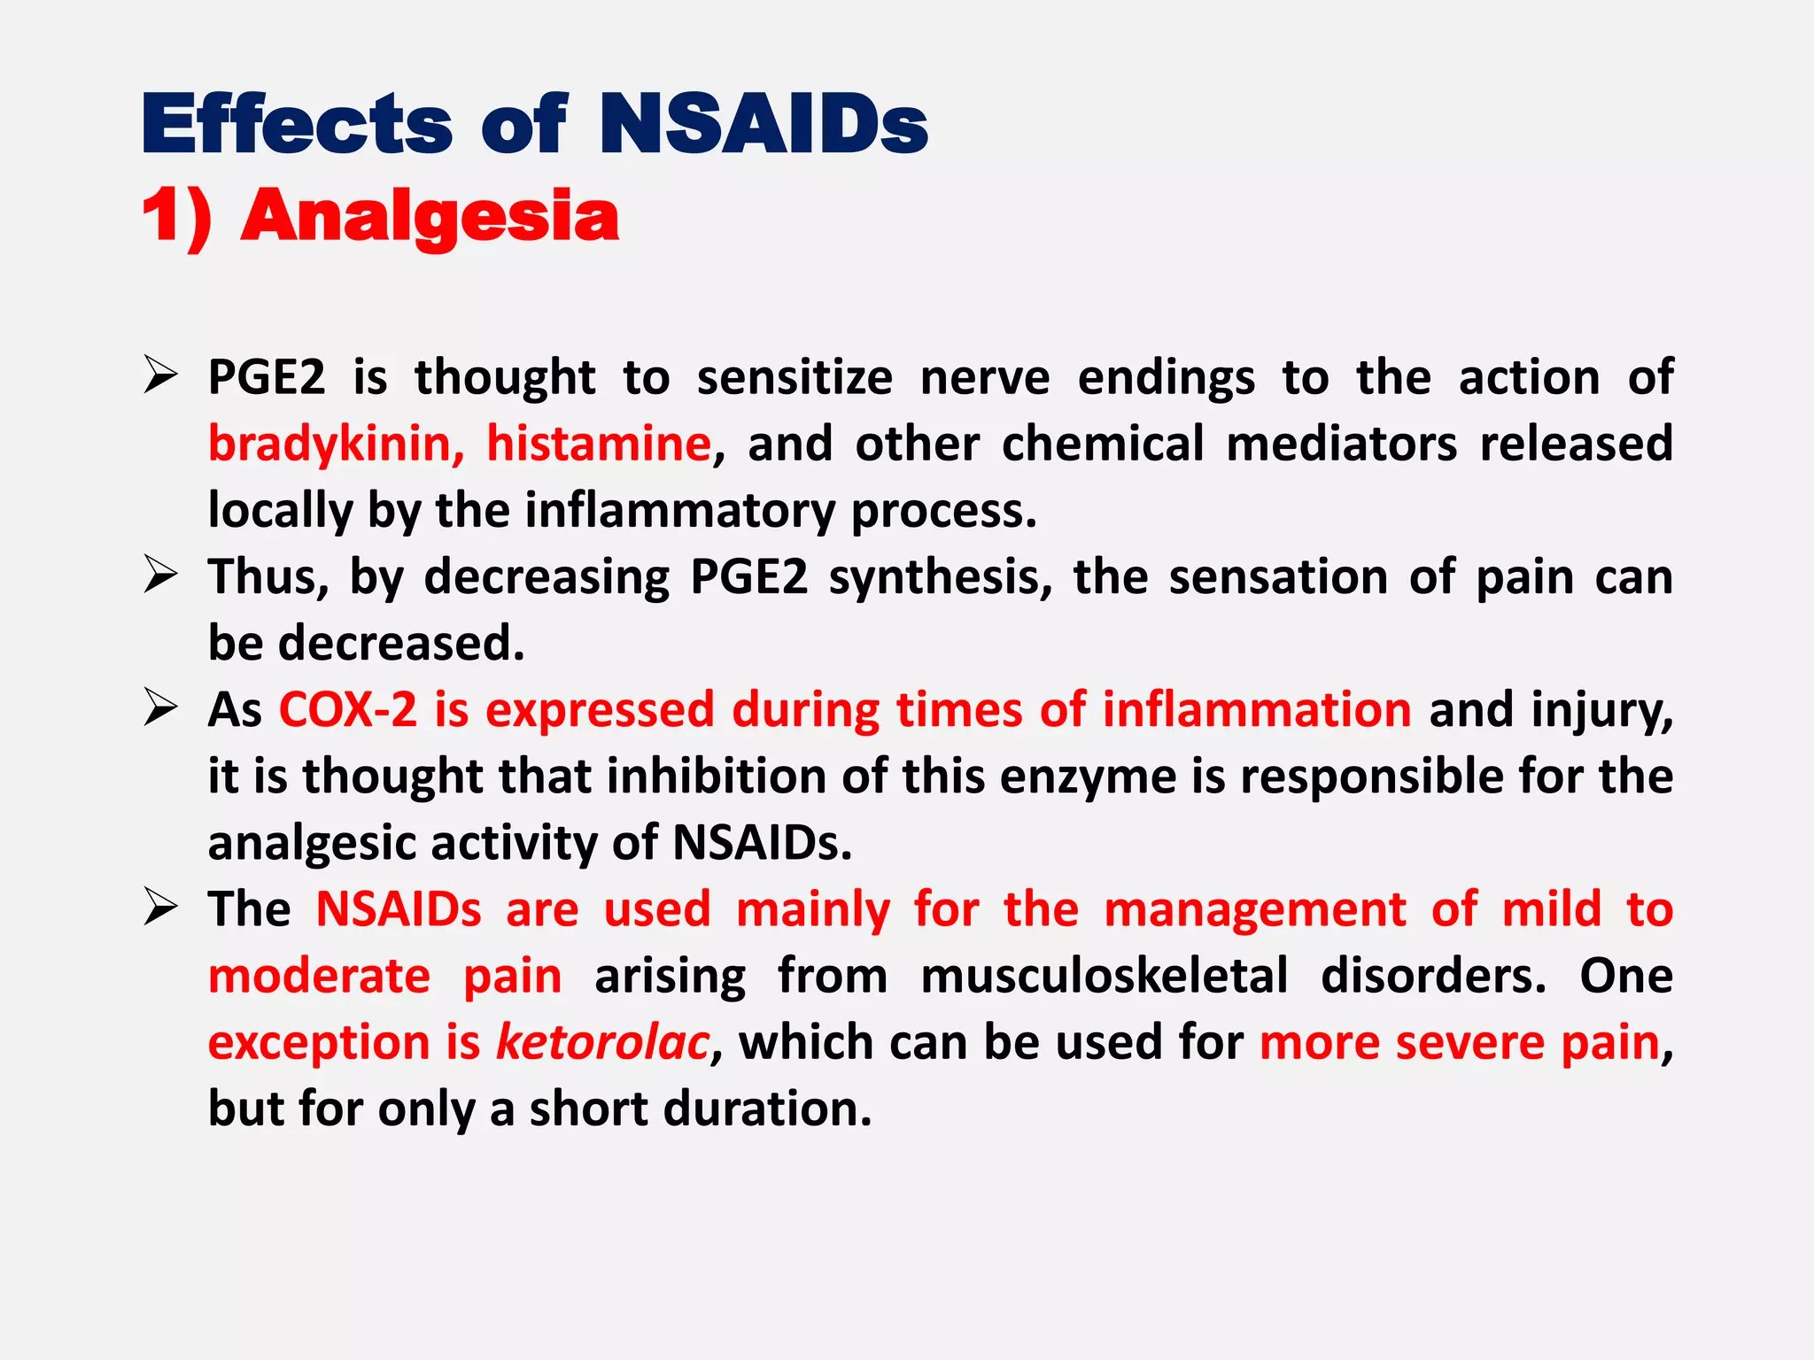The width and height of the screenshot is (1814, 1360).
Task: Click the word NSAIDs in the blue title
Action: [x=764, y=124]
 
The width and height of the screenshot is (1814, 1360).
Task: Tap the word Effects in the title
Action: [x=298, y=124]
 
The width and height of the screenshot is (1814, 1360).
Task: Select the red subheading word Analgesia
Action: [x=430, y=216]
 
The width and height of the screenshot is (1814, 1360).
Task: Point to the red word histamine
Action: [x=599, y=444]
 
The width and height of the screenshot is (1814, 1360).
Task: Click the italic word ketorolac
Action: [x=602, y=1042]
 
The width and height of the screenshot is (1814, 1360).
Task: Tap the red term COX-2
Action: [x=347, y=710]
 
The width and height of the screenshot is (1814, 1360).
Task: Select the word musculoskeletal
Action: [x=1105, y=976]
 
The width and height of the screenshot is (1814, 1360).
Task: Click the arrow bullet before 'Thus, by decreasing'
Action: [x=161, y=576]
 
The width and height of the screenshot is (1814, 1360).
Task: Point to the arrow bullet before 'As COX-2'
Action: [x=161, y=710]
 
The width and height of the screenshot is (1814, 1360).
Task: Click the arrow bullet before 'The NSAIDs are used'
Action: [x=161, y=909]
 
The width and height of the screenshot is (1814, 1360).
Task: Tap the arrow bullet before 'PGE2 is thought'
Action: [x=161, y=377]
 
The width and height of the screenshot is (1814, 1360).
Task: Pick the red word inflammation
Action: [x=1257, y=710]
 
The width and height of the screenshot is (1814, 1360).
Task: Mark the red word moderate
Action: [x=319, y=976]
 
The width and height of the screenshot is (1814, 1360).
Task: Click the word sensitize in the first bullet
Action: [x=795, y=377]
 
